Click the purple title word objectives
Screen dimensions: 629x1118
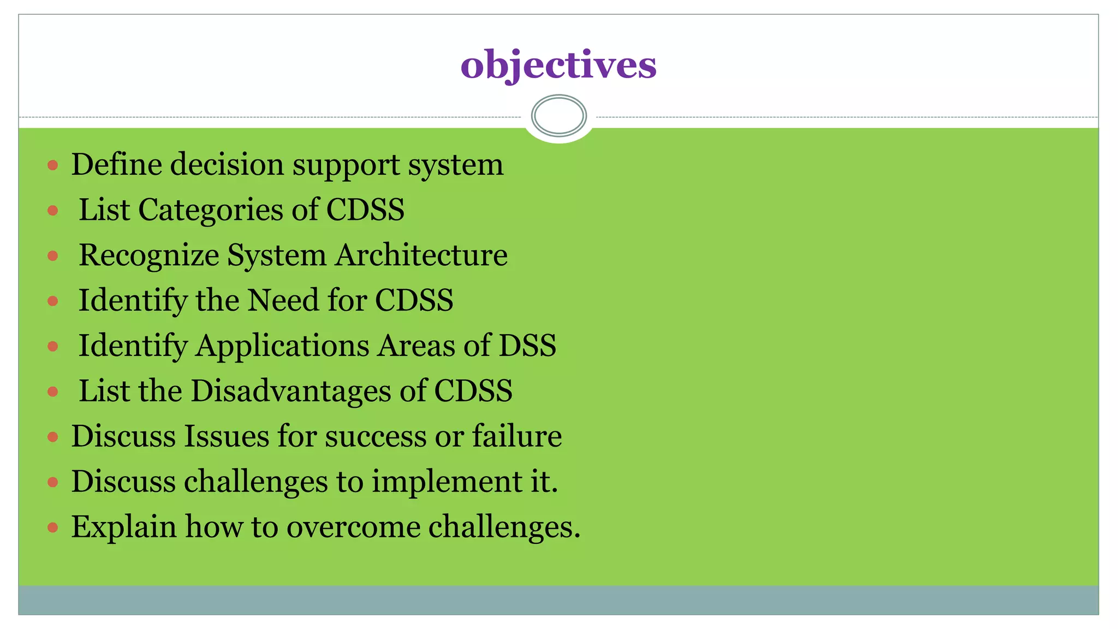pyautogui.click(x=558, y=65)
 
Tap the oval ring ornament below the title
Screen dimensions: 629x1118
pyautogui.click(x=558, y=116)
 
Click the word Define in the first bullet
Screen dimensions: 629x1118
pyautogui.click(x=116, y=164)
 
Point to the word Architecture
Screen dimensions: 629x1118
pyautogui.click(x=421, y=255)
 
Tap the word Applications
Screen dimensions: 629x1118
pyautogui.click(x=282, y=346)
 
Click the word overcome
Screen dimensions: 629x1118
pyautogui.click(x=353, y=527)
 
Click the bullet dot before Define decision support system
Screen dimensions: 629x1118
pyautogui.click(x=52, y=165)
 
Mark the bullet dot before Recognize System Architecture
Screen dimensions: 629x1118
pyautogui.click(x=52, y=256)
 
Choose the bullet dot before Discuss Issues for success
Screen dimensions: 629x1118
pyautogui.click(x=52, y=437)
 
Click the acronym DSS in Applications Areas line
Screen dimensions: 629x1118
pyautogui.click(x=527, y=346)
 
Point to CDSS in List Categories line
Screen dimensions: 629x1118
pyautogui.click(x=365, y=210)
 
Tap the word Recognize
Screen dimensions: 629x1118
pyautogui.click(x=148, y=255)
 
